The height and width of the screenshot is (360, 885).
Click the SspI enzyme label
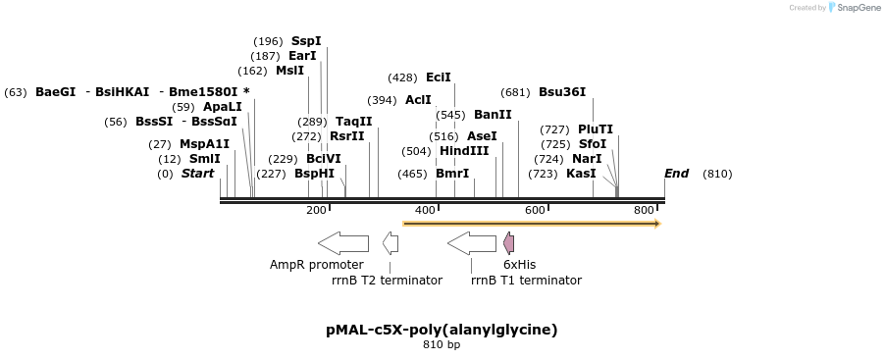click(306, 41)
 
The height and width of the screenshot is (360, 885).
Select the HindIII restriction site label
click(463, 151)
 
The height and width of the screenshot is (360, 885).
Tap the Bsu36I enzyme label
click(562, 92)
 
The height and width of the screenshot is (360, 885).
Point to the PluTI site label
click(596, 129)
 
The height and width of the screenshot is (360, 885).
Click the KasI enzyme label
click(581, 174)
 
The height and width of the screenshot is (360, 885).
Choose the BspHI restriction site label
click(314, 174)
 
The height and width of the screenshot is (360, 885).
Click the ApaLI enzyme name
click(223, 107)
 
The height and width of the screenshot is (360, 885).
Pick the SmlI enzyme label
click(204, 159)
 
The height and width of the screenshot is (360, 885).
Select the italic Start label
click(197, 174)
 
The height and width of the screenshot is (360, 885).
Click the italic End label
click(676, 174)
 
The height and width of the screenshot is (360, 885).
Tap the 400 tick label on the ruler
click(426, 210)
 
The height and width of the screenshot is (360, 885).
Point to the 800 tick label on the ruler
click(644, 210)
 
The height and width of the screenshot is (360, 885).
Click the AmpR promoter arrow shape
click(343, 242)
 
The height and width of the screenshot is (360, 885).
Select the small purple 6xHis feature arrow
click(508, 242)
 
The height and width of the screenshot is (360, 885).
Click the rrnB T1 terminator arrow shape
click(472, 242)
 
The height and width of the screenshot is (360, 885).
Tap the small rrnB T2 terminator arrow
click(390, 242)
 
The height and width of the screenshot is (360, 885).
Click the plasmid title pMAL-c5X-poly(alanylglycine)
click(442, 330)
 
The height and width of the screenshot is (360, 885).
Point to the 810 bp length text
click(442, 345)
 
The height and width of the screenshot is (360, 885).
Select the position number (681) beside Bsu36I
click(515, 92)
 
